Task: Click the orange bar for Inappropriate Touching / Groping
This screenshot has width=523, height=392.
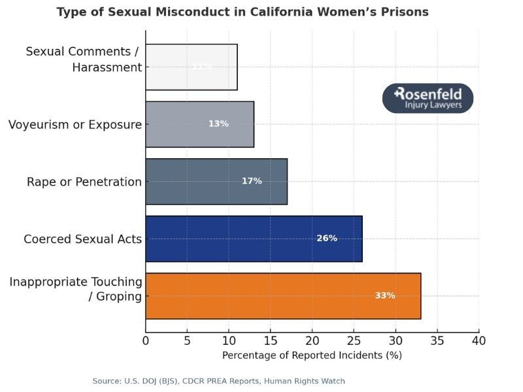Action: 282,296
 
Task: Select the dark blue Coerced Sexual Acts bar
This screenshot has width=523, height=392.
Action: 254,238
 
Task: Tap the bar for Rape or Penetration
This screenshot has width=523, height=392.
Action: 216,182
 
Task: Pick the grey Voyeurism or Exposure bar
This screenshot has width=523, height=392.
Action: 199,124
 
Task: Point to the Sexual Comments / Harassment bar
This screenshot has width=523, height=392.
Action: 191,67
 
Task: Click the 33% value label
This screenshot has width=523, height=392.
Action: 384,296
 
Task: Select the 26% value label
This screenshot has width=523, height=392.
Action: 327,238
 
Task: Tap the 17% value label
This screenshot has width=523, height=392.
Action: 252,181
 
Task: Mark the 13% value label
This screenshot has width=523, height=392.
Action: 218,124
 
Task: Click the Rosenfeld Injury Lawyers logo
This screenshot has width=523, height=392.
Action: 428,99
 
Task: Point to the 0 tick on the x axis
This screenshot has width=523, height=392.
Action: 146,340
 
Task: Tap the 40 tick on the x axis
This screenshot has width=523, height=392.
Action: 479,340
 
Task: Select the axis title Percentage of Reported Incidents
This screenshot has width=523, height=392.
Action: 312,356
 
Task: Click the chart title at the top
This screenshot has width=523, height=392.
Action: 243,12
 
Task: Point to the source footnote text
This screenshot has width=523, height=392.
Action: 218,381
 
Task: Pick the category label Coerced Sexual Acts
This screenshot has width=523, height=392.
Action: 82,239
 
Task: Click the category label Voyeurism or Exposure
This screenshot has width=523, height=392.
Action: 75,124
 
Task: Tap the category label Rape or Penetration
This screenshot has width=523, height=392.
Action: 84,182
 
